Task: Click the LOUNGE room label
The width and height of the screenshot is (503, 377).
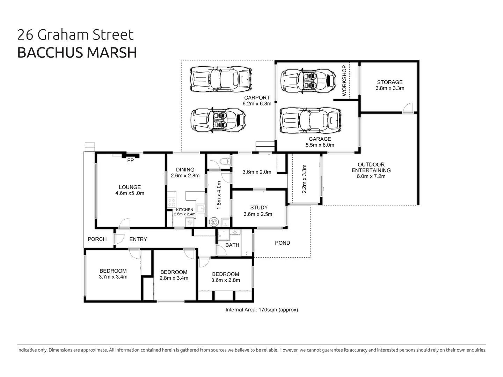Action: [130, 187]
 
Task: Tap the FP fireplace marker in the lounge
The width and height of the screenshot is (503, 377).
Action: [130, 161]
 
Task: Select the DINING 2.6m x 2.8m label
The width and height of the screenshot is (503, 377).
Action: [185, 173]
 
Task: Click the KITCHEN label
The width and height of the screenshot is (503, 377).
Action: [184, 210]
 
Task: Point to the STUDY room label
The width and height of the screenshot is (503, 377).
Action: [259, 208]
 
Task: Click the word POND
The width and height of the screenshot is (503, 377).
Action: [282, 243]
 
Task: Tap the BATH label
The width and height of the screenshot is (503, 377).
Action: [232, 245]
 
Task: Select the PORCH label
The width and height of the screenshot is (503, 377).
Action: [97, 239]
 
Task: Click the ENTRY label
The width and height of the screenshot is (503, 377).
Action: [138, 239]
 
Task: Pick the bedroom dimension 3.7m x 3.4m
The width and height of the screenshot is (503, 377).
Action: [113, 277]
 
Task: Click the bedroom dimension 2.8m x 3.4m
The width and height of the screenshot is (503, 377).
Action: [174, 278]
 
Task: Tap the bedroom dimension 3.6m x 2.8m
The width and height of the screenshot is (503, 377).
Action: [225, 280]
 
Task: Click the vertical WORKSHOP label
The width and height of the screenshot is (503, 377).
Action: [344, 81]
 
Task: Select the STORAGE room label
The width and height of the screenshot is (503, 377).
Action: [390, 82]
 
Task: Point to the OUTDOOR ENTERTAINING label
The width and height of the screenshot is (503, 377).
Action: [371, 168]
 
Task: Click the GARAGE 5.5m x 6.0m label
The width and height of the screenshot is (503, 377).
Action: [320, 142]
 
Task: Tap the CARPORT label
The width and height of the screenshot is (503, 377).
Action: [257, 98]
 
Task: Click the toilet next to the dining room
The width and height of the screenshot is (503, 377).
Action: [225, 162]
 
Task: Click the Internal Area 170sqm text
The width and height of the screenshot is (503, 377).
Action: [262, 310]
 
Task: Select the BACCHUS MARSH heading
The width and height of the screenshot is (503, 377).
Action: [77, 52]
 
